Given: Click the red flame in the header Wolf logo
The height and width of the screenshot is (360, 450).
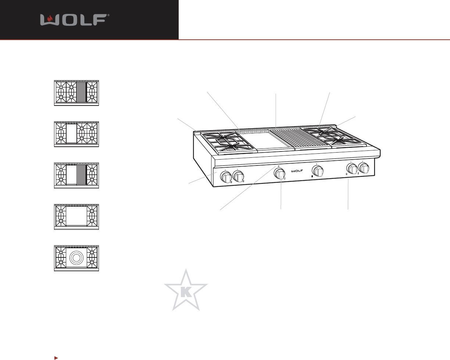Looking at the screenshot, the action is click(50, 18).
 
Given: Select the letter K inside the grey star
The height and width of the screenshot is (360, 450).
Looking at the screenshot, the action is click(186, 292).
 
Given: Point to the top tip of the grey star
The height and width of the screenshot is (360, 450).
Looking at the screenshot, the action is click(186, 269).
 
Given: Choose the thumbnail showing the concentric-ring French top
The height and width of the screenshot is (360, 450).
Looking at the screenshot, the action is click(76, 259).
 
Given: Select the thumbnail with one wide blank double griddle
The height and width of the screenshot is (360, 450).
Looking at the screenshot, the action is click(76, 217).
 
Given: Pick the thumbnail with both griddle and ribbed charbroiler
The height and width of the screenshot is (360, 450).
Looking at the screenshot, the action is click(76, 175).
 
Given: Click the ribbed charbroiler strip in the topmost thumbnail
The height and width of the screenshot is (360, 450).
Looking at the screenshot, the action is click(82, 92).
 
